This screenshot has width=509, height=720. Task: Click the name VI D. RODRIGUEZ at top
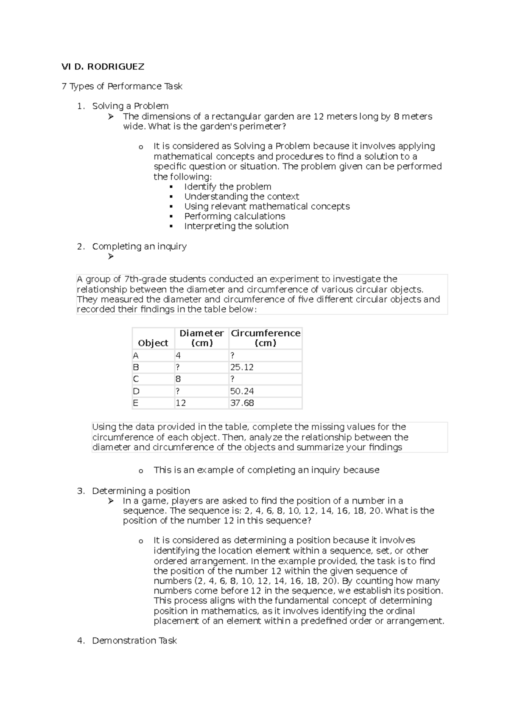point(103,67)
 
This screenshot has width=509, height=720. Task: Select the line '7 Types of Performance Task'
point(122,87)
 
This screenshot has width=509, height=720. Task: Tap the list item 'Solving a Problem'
point(130,106)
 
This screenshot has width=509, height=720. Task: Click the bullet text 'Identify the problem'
point(227,187)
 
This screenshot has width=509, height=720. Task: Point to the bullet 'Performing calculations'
point(235,217)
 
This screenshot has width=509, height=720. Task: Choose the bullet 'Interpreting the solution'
point(236,226)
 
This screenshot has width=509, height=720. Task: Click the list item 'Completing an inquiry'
point(139,247)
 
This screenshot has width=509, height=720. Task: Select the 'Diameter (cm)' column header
point(201,338)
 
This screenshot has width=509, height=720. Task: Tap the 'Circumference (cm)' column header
point(265,338)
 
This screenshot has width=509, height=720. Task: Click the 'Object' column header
point(153,343)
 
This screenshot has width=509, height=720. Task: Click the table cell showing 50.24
point(242,391)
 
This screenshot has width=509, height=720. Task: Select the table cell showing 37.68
point(242,403)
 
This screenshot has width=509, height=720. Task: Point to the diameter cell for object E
point(181,403)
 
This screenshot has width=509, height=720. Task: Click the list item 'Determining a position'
point(141,491)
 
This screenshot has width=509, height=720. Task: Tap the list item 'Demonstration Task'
point(134,641)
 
